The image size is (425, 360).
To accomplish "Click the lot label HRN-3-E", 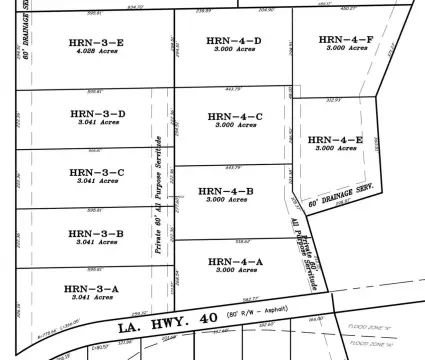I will pos(97,43).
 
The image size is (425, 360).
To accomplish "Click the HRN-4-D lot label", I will pos(236,41).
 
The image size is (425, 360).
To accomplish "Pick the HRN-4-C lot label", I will pos(236,117).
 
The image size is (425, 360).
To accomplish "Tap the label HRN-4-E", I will pos(337,139).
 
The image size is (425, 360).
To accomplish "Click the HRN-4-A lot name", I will pos(236,261).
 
